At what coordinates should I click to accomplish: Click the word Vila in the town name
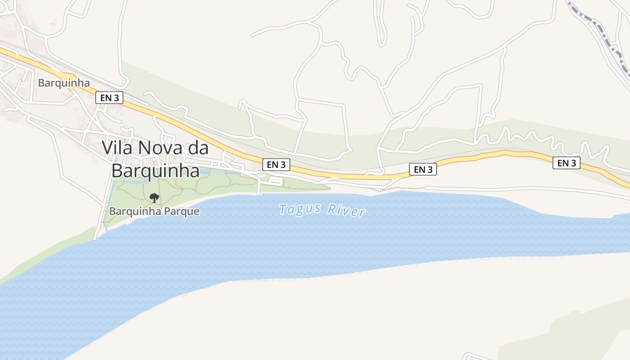point(118,148)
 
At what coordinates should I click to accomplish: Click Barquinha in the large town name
point(155,171)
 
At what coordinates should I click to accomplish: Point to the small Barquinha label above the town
point(64,83)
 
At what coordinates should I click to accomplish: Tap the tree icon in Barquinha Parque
point(154,198)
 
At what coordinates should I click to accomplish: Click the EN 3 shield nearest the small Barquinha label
point(109,97)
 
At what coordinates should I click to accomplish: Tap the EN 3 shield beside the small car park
point(276,165)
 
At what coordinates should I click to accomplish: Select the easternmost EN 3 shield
point(567,163)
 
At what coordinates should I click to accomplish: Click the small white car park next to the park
point(276,181)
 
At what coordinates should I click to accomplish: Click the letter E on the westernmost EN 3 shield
point(103,97)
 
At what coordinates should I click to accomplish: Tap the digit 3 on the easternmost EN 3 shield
point(574,163)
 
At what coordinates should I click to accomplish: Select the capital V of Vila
point(108,148)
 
